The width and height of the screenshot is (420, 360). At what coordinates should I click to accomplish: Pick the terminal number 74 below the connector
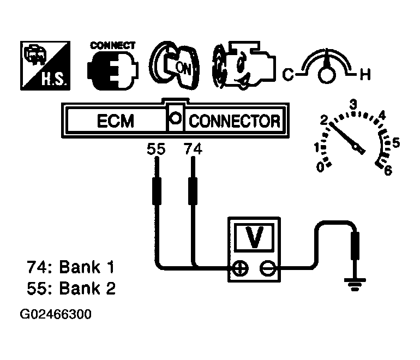193,149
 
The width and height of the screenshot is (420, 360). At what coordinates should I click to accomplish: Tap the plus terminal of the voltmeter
239,267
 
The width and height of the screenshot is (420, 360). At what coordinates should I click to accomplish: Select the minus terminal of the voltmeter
266,267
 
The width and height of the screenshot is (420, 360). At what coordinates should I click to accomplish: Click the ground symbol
355,282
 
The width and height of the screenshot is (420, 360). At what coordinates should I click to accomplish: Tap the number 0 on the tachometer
321,167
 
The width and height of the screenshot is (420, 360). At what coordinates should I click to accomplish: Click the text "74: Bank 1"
71,268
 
